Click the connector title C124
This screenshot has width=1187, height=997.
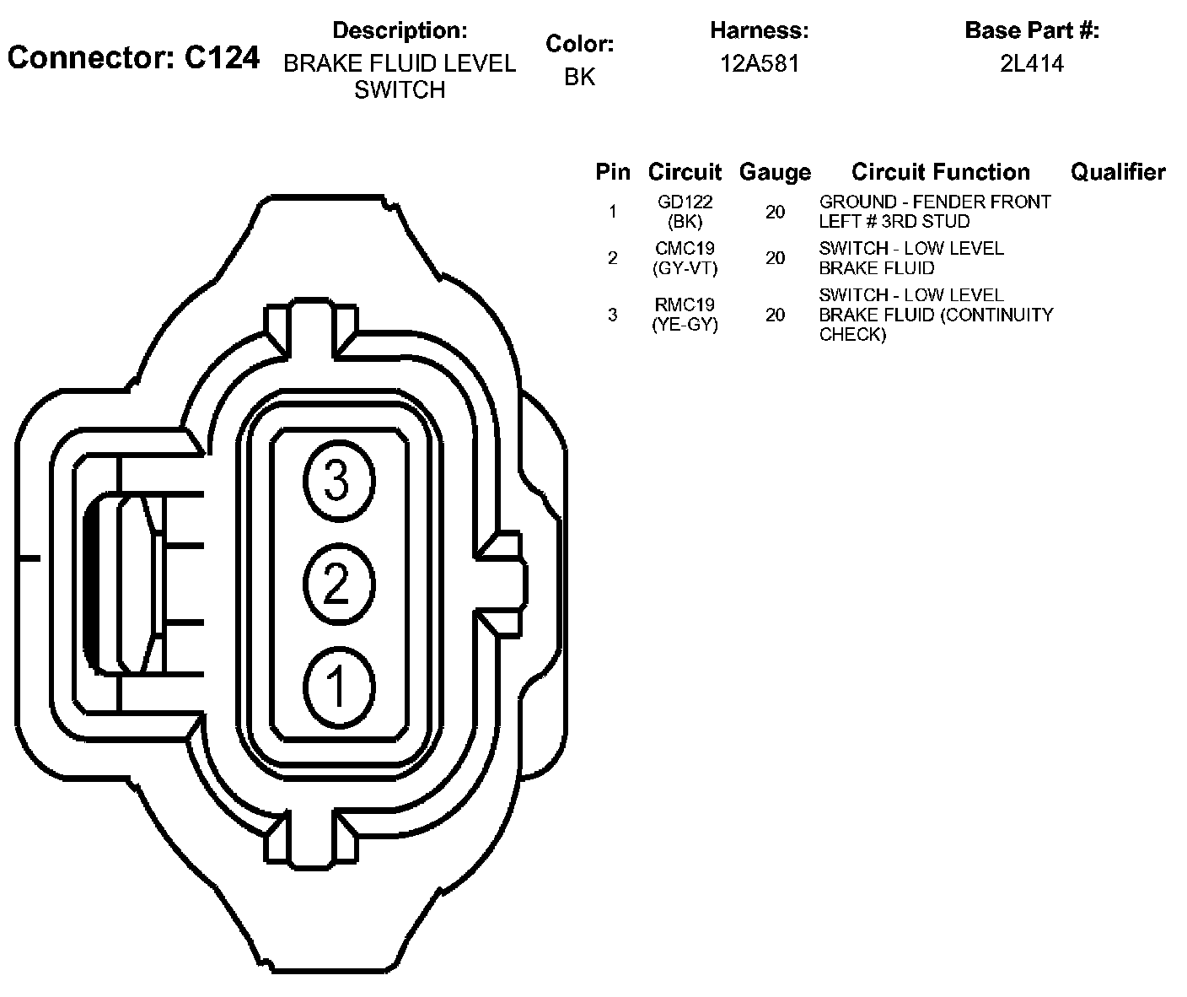[x=133, y=57]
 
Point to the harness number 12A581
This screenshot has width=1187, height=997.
[x=759, y=64]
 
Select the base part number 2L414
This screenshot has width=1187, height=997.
[x=1031, y=64]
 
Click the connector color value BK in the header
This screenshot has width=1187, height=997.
[x=579, y=77]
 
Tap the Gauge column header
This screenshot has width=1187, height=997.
[x=775, y=172]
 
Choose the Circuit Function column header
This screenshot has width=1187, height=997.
[x=940, y=172]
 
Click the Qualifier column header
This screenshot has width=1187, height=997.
[x=1118, y=172]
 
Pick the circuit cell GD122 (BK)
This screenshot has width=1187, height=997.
[x=685, y=212]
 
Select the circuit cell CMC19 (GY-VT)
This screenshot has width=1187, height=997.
[x=685, y=258]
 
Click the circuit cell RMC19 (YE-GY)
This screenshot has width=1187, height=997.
[x=685, y=315]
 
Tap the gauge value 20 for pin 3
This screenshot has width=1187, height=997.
[x=775, y=315]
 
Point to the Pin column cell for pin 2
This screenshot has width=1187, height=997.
[x=612, y=258]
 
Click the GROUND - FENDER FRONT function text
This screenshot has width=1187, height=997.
[x=935, y=202]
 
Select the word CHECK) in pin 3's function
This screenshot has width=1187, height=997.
[x=852, y=335]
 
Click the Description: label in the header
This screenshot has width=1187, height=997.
[x=400, y=30]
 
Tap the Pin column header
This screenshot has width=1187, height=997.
[x=612, y=172]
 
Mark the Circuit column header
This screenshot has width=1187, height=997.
[x=685, y=172]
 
